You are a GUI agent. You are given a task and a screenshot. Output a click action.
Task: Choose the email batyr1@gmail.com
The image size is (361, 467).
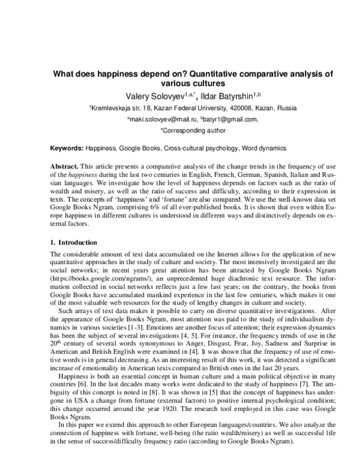[x=227, y=119]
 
